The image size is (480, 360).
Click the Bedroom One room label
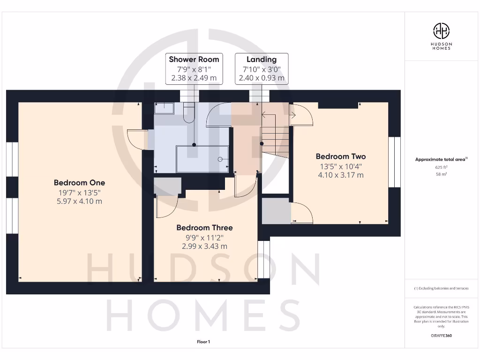click(x=79, y=183)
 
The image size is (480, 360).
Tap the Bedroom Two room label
click(x=340, y=157)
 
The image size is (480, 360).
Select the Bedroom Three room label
click(x=204, y=228)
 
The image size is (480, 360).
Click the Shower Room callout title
click(x=194, y=60)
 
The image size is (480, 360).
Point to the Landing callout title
click(x=262, y=60)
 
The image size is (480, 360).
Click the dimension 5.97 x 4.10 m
click(x=79, y=202)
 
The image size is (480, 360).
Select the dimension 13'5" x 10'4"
click(x=340, y=166)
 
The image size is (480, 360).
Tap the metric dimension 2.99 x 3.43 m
click(x=204, y=246)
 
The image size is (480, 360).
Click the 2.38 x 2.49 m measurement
click(x=194, y=78)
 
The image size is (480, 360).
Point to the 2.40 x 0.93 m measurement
click(x=262, y=78)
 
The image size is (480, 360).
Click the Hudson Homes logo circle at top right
click(x=441, y=31)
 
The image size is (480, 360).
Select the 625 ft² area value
click(x=441, y=167)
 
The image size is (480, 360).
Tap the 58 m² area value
click(x=441, y=174)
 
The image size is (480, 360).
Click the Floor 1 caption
click(x=203, y=342)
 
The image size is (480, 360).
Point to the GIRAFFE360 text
click(x=441, y=336)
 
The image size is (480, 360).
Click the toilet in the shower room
click(x=189, y=113)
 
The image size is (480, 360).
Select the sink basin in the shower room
click(x=164, y=108)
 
